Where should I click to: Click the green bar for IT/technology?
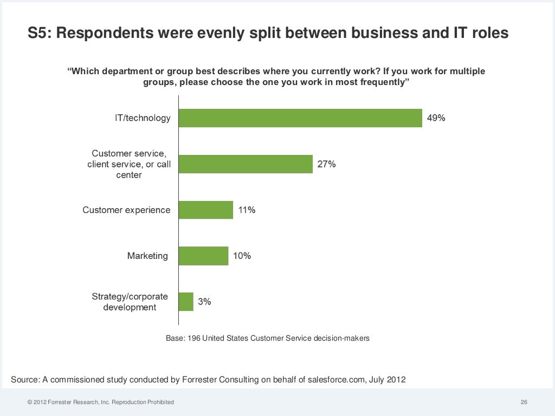[x=300, y=118]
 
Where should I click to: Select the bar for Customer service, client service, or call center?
[x=246, y=164]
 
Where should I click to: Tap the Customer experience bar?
[x=206, y=210]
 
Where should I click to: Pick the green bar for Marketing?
[x=203, y=256]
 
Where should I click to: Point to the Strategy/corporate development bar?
[x=186, y=302]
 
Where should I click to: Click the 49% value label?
[x=436, y=118]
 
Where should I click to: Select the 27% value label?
[x=326, y=164]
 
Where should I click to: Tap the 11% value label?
[x=247, y=210]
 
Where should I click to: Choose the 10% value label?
[x=242, y=256]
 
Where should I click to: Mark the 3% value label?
[x=204, y=302]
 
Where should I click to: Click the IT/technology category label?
[x=143, y=118]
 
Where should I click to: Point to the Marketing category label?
[x=147, y=256]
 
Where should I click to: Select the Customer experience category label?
[x=126, y=210]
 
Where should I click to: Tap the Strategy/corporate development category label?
[x=130, y=302]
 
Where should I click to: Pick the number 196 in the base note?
[x=193, y=339]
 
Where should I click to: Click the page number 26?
[x=524, y=402]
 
